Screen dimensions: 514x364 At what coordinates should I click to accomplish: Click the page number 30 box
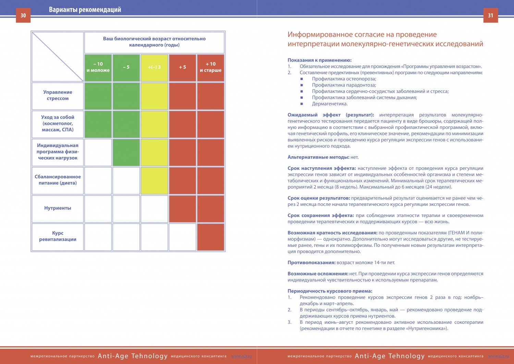(23, 15)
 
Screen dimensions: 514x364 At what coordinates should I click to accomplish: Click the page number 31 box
(491, 15)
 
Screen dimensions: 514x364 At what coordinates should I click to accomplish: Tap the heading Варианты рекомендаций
(85, 10)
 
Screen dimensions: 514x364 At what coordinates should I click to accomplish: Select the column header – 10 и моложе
(98, 68)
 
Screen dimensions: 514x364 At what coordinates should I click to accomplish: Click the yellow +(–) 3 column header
(154, 68)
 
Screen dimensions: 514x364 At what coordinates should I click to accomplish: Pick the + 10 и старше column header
(210, 68)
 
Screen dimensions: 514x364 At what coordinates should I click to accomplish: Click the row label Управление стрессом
(58, 95)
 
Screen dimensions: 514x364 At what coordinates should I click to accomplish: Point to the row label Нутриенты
(58, 208)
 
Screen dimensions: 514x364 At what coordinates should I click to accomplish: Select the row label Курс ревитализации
(58, 236)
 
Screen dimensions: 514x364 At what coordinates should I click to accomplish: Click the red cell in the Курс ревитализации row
(210, 237)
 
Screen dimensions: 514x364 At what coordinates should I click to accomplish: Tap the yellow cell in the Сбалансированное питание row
(154, 181)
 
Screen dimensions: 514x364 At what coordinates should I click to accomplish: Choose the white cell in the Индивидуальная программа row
(98, 152)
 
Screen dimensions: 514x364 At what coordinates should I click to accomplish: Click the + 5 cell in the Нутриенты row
(182, 209)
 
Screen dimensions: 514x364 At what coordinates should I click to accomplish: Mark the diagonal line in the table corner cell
(58, 57)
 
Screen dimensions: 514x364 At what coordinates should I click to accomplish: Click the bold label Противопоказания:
(311, 263)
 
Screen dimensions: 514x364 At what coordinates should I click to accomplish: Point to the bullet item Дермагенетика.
(330, 104)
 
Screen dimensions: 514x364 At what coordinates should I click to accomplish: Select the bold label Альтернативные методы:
(318, 157)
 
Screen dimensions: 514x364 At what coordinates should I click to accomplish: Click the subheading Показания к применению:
(319, 60)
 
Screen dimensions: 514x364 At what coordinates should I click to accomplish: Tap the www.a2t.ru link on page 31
(498, 356)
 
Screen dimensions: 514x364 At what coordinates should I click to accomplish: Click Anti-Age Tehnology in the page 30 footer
(133, 356)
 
